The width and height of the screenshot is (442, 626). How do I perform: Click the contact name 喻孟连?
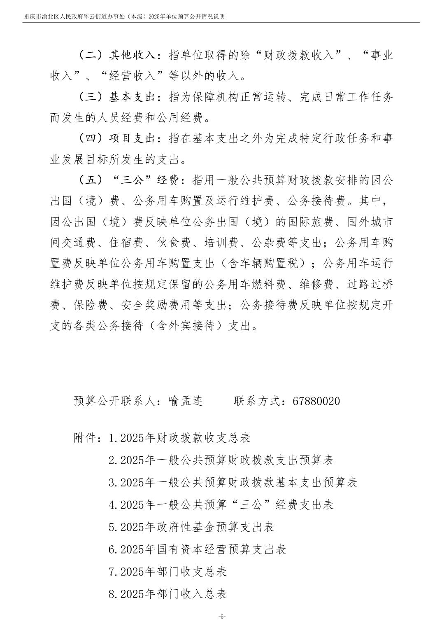pos(186,401)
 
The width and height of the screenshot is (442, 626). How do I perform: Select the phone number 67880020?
pos(316,401)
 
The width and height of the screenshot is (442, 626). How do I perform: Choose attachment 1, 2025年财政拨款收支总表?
pos(180,438)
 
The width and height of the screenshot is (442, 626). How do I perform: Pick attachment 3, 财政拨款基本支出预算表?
pos(233,482)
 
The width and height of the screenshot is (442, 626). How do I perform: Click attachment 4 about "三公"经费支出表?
pos(221,505)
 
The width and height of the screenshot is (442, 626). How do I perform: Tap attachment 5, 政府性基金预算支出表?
pos(191,527)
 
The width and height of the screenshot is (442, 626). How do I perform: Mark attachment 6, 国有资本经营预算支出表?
pos(197,549)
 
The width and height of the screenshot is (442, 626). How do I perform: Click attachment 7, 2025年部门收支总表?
pos(168,572)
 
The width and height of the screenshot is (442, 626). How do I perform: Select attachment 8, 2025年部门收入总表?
pos(168,594)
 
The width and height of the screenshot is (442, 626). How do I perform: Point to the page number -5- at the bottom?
pos(221,617)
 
